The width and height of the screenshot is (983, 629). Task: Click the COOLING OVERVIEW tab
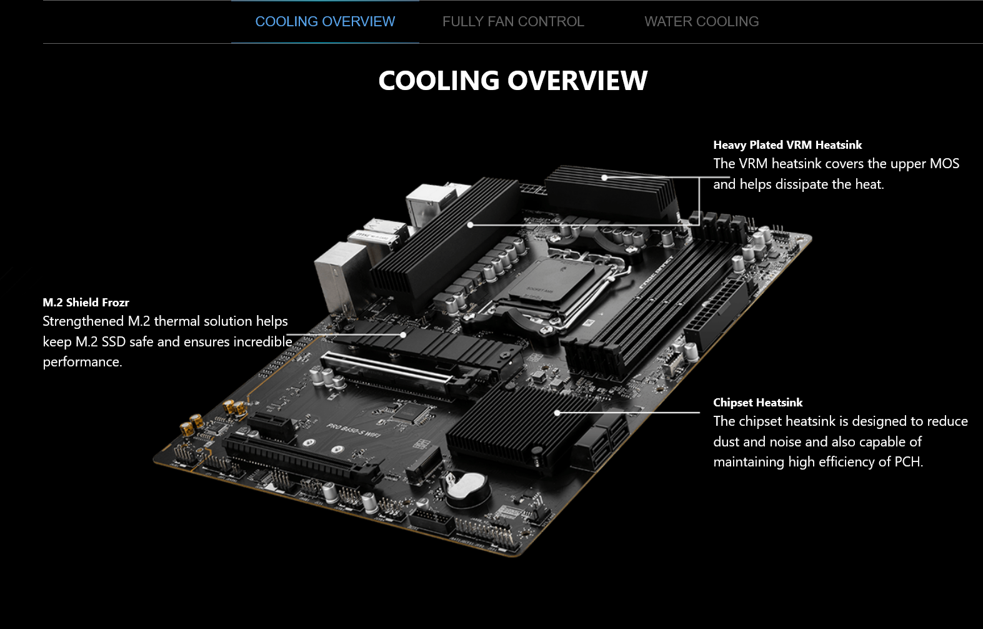pos(325,21)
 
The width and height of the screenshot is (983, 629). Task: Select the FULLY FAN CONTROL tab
pos(513,21)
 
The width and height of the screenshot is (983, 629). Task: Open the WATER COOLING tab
pos(701,21)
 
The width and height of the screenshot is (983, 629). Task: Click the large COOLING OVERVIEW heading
pos(512,80)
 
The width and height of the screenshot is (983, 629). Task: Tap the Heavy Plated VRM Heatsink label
pos(787,145)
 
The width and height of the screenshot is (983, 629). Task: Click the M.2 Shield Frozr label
pos(86,303)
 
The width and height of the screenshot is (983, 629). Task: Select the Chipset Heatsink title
pos(757,403)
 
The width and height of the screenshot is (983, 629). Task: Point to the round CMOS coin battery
pos(467,488)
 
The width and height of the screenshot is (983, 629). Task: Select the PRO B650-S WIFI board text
pos(354,430)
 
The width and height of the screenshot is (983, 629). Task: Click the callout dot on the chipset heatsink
pos(557,413)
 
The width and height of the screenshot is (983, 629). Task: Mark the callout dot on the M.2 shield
pos(403,335)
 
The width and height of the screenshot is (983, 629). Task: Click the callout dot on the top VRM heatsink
pos(604,178)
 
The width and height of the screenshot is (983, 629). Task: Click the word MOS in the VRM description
pos(944,164)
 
